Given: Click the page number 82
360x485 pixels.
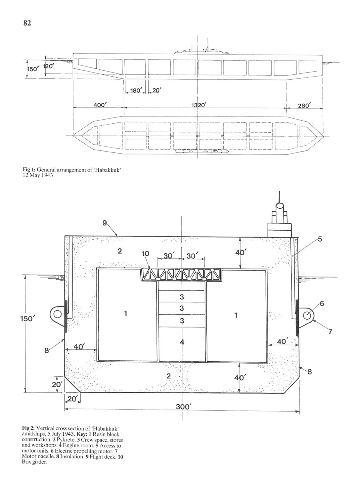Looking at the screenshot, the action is coord(27,23).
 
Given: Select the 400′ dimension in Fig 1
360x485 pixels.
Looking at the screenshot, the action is coord(100,105).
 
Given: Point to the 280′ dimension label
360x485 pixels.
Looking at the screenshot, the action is coord(304,106).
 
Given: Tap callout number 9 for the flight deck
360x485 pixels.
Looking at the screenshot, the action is coord(105,223).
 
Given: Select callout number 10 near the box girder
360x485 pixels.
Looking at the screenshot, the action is coord(146,253).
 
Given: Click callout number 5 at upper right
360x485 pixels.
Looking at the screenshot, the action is coord(320,239).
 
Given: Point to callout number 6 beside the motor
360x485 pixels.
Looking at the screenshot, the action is coord(322,303).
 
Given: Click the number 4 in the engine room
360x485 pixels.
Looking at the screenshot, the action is coord(182,342).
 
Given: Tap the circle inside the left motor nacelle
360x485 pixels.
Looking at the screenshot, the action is coord(57,314).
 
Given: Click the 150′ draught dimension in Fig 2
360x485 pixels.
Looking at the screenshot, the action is coord(27,319).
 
